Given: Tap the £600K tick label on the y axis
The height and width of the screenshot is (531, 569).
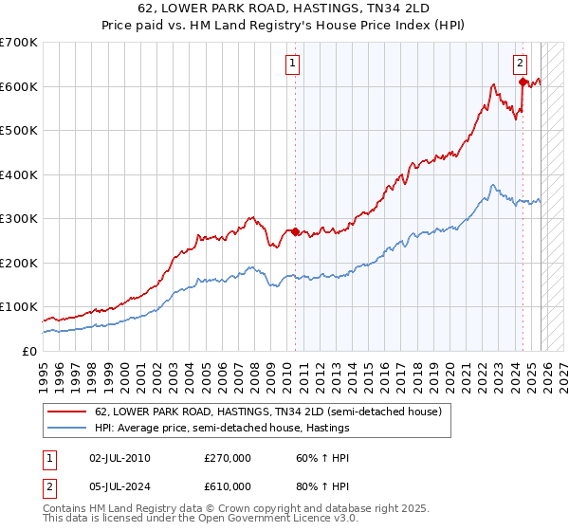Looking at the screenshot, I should point(19,86).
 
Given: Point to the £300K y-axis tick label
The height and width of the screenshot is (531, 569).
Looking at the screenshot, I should point(19,218).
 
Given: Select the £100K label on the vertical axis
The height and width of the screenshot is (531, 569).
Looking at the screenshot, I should point(19,307).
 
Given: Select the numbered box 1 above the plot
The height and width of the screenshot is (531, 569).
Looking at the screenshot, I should point(293,64).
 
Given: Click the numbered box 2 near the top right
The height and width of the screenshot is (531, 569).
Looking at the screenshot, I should point(521,64).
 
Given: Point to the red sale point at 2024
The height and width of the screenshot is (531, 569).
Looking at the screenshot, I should point(523,82).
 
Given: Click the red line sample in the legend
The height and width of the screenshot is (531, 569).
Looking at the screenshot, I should point(67,412).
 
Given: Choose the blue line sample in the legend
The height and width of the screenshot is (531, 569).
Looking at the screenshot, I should point(67,429).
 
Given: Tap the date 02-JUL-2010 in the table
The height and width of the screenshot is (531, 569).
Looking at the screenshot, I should point(119,457).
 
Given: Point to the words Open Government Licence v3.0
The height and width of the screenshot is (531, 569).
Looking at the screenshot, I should point(274,521).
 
